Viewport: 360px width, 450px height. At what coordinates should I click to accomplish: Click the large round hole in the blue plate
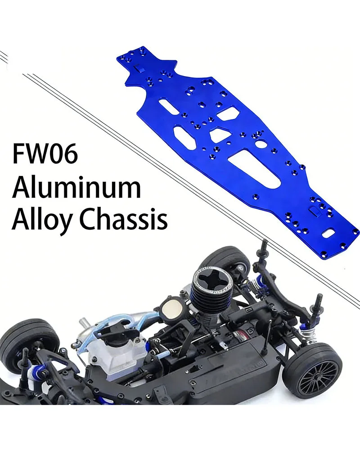260,146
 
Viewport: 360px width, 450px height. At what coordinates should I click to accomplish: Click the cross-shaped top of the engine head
211,279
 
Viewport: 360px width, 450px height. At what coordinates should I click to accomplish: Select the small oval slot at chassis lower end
331,233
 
